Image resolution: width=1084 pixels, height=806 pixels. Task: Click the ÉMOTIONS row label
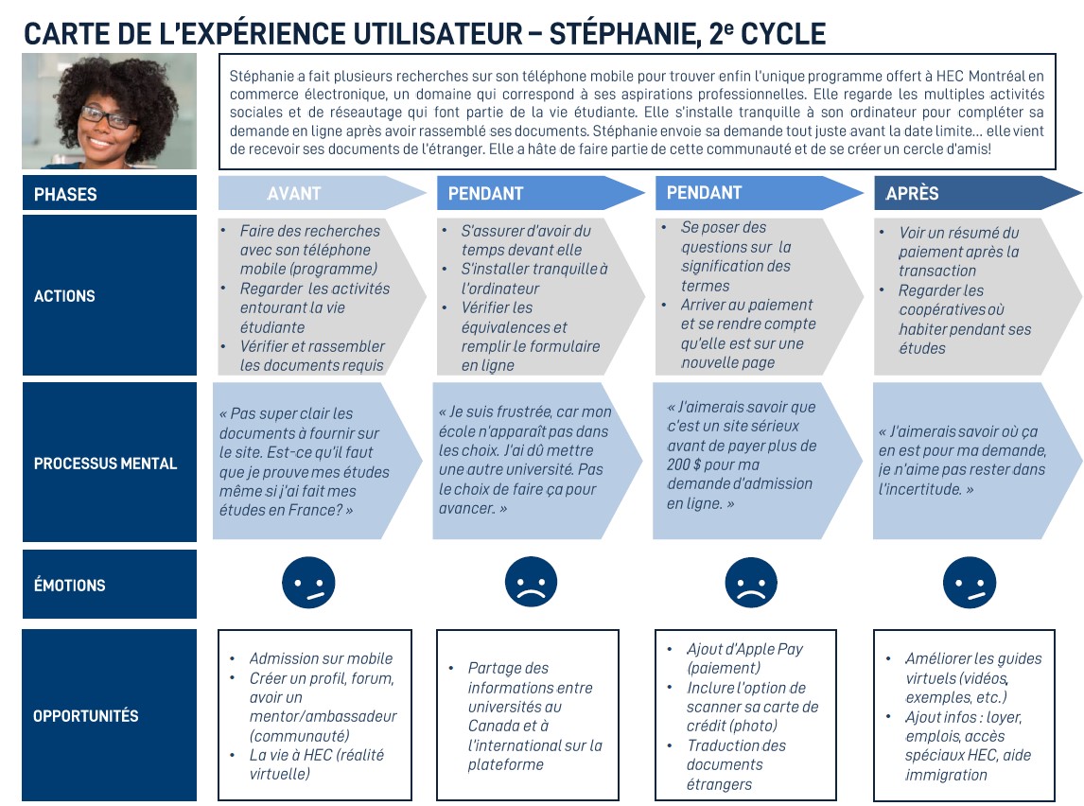(70, 586)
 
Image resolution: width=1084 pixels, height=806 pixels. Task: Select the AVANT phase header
(294, 193)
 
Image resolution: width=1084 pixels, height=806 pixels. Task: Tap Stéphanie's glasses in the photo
(106, 116)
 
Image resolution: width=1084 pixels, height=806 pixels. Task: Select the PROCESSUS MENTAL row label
(106, 464)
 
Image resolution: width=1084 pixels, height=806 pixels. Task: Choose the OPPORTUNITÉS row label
(85, 716)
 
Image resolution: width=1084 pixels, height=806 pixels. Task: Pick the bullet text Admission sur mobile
(321, 658)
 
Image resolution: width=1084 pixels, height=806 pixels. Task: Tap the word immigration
(946, 775)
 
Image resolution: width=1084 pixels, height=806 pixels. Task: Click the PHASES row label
(65, 194)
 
